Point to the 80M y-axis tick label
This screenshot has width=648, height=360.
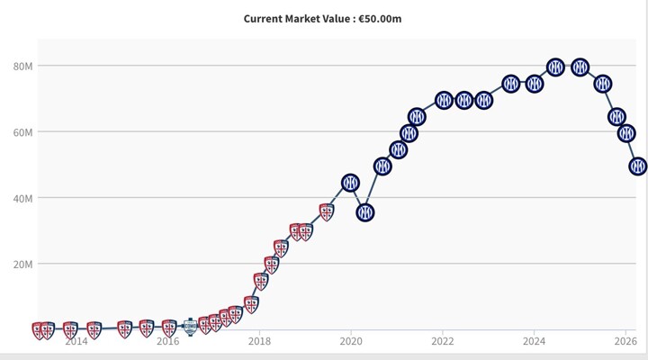22,67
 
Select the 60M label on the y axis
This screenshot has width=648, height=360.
22,132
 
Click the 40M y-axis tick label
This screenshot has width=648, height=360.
22,198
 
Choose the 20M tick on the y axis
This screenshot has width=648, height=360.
22,265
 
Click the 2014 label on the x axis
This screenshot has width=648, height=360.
76,341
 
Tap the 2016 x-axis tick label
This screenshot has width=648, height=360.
167,341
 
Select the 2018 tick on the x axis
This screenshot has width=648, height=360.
259,341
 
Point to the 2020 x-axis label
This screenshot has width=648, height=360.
351,341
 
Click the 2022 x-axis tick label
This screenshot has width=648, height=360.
443,341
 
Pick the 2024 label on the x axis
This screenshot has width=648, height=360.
534,341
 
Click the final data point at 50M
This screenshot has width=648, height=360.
638,166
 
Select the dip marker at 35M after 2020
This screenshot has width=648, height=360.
365,213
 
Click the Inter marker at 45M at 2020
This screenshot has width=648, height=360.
350,183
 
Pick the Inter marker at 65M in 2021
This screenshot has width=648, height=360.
417,117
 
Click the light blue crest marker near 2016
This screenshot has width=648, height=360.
190,327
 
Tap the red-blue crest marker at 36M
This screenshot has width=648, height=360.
327,212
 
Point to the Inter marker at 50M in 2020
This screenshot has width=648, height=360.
382,166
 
